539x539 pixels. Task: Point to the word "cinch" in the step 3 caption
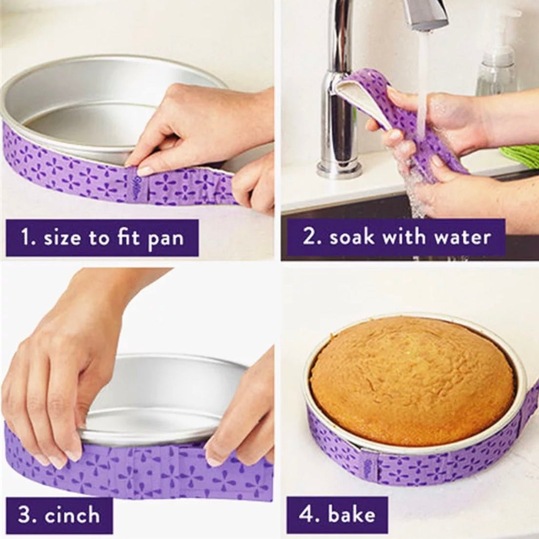pyautogui.click(x=72, y=515)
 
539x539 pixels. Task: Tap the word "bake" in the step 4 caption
pyautogui.click(x=351, y=514)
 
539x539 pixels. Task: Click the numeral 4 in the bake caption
pyautogui.click(x=306, y=515)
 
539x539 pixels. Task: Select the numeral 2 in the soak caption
pyautogui.click(x=309, y=237)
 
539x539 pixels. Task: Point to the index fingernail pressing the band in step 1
pyautogui.click(x=145, y=170)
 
